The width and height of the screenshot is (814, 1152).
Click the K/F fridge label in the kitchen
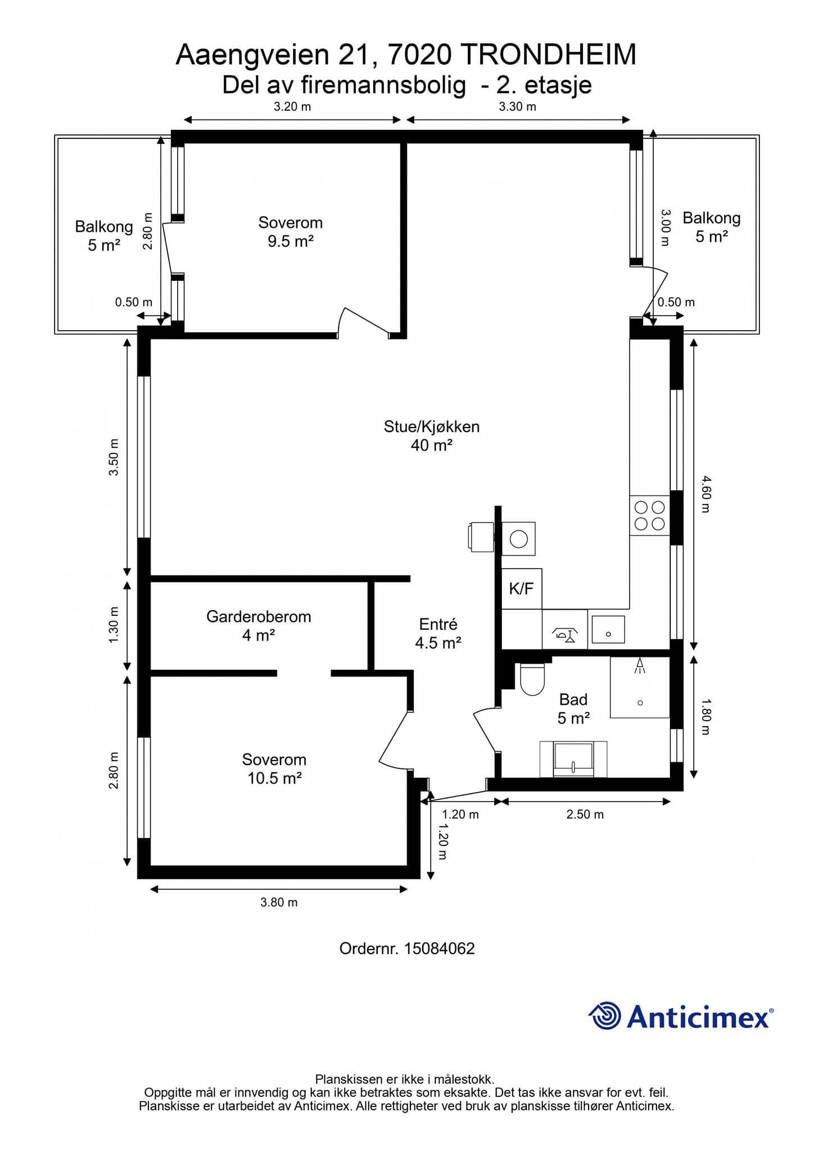click(521, 588)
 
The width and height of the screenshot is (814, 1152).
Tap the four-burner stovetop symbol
click(649, 515)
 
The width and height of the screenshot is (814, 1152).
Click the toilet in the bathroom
click(532, 679)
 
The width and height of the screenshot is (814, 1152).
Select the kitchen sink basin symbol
click(608, 629)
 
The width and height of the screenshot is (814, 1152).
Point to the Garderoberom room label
click(259, 616)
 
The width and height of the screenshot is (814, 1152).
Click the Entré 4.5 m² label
click(438, 633)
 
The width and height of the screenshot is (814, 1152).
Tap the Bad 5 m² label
click(573, 709)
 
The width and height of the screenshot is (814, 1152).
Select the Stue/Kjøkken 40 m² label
click(432, 436)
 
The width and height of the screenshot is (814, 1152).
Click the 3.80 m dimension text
click(279, 902)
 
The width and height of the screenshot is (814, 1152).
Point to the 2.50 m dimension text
click(585, 814)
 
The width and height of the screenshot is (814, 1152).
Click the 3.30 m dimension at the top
click(517, 106)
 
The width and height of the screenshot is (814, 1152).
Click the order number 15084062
click(440, 949)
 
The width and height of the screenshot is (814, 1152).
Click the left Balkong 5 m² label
click(104, 236)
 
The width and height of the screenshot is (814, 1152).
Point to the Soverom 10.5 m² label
click(274, 769)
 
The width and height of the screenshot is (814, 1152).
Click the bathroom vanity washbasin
click(573, 759)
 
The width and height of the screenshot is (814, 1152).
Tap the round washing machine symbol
click(518, 539)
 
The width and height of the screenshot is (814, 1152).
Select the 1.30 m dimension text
click(114, 625)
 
